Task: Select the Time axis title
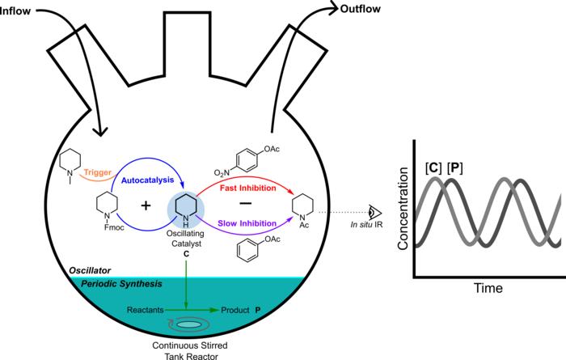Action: tap(488, 288)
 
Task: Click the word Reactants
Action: tap(148, 310)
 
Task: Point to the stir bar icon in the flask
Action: tap(191, 325)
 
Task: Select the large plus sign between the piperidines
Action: tap(146, 205)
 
